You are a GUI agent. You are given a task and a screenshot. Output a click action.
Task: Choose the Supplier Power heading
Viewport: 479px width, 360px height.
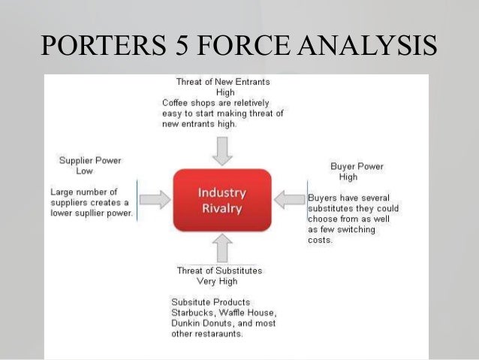point(90,160)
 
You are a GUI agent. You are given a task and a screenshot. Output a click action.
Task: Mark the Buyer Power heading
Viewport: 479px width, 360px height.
point(357,166)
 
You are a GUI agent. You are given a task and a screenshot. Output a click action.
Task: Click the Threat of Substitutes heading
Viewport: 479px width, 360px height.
point(219,270)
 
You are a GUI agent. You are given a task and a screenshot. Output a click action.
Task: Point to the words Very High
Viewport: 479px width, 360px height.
point(217,281)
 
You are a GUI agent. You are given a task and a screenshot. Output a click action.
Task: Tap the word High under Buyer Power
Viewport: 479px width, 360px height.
point(348,177)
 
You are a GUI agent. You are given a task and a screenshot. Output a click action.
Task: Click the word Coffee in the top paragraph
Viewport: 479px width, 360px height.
point(176,103)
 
